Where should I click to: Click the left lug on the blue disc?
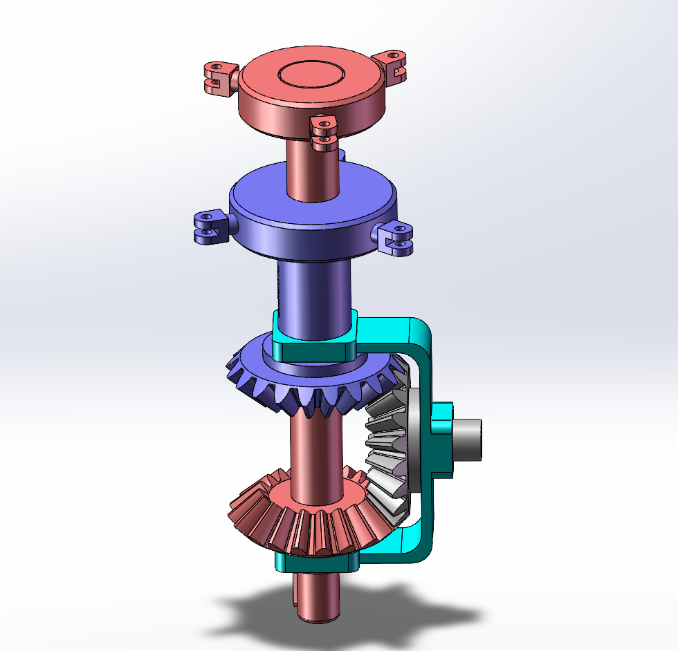click(209, 228)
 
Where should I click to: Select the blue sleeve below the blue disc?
click(315, 290)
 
